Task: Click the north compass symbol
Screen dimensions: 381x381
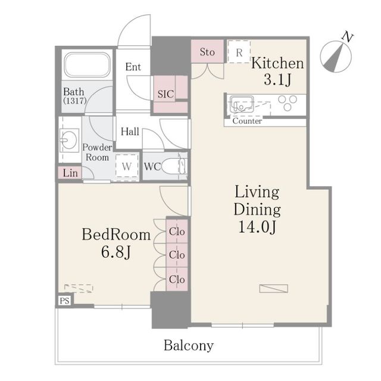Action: click(x=336, y=55)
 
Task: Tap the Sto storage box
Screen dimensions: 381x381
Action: click(x=207, y=52)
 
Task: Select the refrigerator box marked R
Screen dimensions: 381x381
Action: click(x=239, y=52)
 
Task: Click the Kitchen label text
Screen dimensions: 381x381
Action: click(x=277, y=64)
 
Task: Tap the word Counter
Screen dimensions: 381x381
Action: click(x=246, y=121)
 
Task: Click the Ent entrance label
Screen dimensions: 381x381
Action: click(x=133, y=67)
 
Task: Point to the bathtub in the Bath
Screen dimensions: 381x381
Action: click(x=88, y=67)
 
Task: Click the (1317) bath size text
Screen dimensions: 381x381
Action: click(x=75, y=101)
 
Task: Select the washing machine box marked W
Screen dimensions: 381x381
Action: click(x=127, y=167)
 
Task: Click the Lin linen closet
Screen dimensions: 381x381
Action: click(x=68, y=173)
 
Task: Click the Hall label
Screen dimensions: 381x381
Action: click(x=130, y=132)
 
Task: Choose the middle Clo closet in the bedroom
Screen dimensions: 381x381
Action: click(x=176, y=255)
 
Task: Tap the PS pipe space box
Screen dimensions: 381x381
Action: click(x=64, y=301)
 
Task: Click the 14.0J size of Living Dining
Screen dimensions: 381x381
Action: click(x=257, y=227)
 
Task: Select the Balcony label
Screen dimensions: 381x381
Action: click(x=189, y=345)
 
